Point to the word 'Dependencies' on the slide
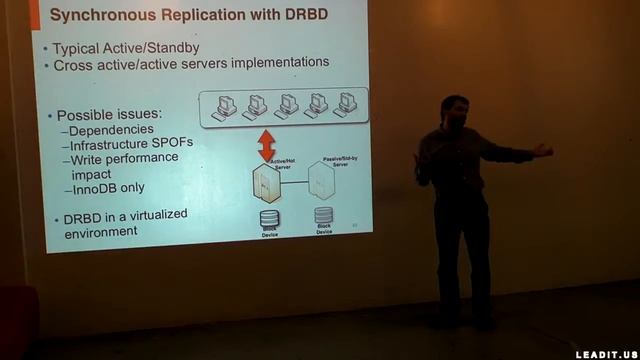point(113,129)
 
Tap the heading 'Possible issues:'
point(109,114)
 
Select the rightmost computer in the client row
point(347,103)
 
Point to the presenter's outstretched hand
point(543,150)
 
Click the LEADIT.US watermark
point(606,353)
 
